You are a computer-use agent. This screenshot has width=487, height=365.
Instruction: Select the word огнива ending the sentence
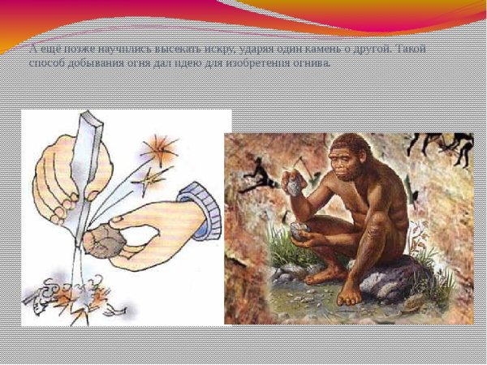[x=312, y=63]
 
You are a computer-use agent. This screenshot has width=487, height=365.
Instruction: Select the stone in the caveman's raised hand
[x=293, y=187]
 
